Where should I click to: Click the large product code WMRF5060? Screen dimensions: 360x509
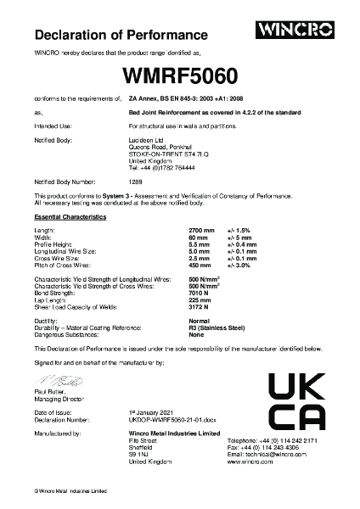[x=180, y=75]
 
